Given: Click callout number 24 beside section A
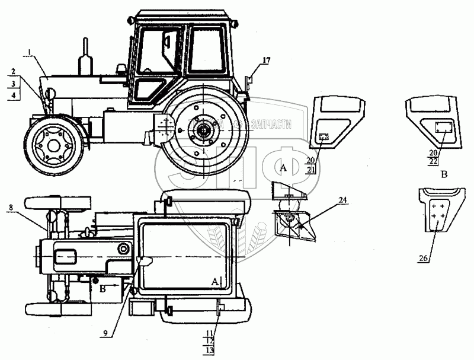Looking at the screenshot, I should pos(327,200).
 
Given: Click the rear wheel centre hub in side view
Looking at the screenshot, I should pos(203,131).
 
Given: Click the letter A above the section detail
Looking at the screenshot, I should pos(283,169).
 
